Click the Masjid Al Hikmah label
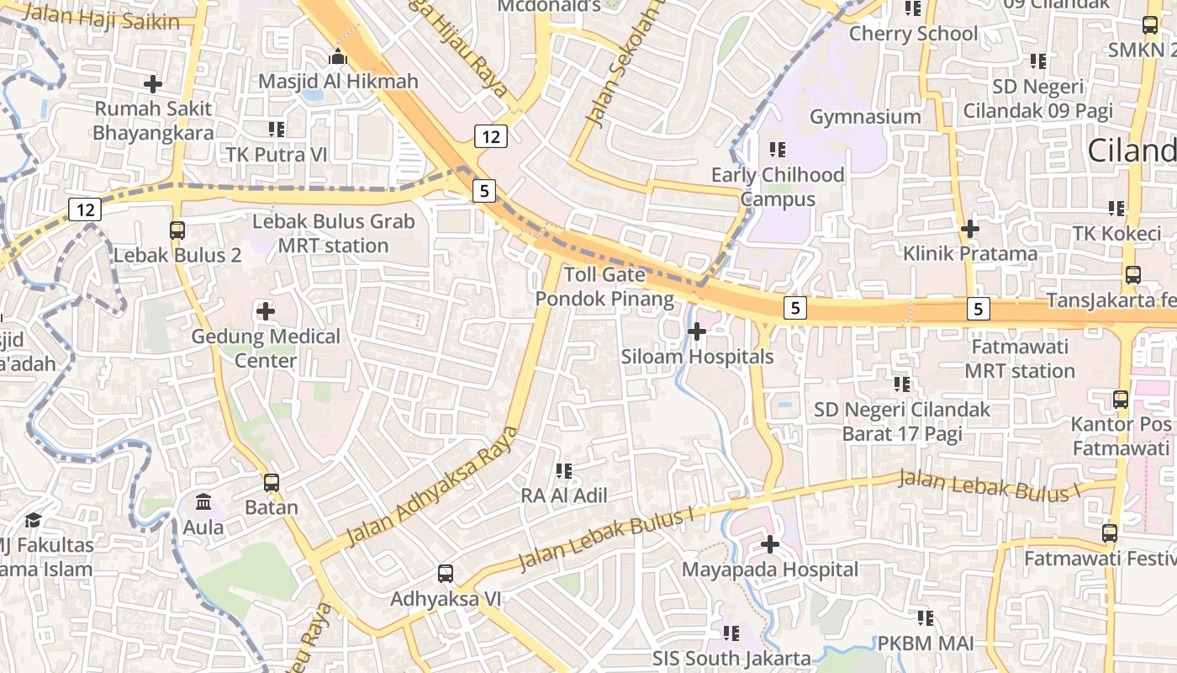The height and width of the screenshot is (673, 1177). click(x=338, y=82)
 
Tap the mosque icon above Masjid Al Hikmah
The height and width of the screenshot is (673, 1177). click(x=338, y=57)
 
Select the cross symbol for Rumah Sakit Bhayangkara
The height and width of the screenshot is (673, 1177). click(x=153, y=84)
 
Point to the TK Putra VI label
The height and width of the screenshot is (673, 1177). click(x=277, y=155)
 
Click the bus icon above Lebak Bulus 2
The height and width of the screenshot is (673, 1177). click(x=177, y=230)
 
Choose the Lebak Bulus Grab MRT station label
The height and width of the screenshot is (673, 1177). click(x=334, y=234)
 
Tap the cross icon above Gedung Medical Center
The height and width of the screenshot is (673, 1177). click(x=266, y=311)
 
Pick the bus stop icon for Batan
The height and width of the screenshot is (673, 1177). click(x=272, y=483)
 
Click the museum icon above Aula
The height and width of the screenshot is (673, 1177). click(x=203, y=502)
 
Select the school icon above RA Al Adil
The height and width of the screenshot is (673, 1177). click(x=564, y=471)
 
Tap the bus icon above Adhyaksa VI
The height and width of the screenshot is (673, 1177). click(x=446, y=574)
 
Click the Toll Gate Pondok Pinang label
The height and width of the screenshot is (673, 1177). click(x=605, y=287)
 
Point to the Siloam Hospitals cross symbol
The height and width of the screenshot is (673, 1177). click(x=697, y=331)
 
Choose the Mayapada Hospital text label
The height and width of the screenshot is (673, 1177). click(x=770, y=570)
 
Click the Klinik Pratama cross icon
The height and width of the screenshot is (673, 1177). click(x=970, y=228)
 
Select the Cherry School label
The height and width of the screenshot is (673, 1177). click(x=913, y=34)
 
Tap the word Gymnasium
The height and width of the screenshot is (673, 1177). click(x=865, y=116)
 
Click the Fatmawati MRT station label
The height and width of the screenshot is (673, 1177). click(x=1020, y=358)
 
